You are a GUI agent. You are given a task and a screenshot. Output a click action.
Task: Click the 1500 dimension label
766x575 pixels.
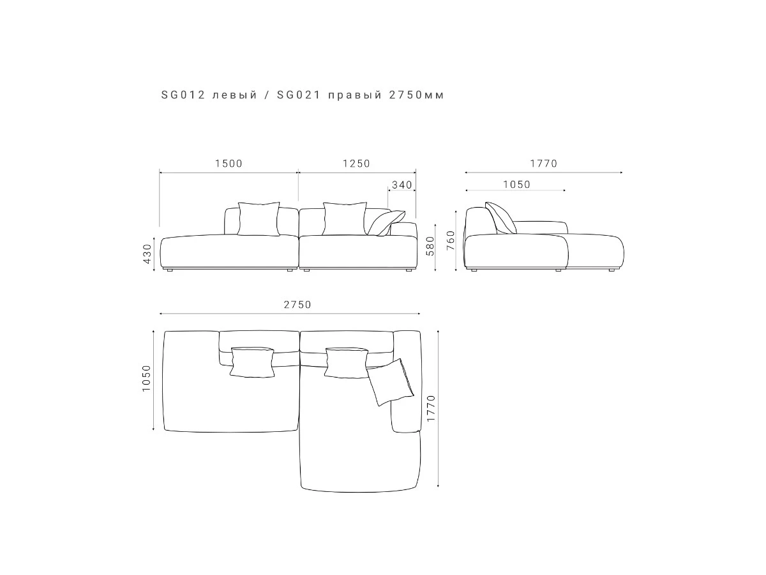(x=229, y=164)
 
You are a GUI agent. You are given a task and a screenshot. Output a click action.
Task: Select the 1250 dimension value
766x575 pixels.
(x=356, y=164)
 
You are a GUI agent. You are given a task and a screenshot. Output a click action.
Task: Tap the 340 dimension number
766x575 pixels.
(x=402, y=185)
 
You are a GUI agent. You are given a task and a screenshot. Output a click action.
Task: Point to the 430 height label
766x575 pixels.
(x=147, y=254)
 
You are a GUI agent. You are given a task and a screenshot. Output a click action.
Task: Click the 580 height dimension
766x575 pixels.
(x=430, y=246)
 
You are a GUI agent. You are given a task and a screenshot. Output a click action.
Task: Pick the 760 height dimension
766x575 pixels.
(x=451, y=240)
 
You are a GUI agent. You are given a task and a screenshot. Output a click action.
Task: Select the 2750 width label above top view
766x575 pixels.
(x=297, y=305)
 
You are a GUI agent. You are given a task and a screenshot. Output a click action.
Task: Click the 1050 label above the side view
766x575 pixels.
(x=516, y=185)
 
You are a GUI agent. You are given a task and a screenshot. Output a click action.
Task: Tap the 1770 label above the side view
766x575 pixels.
(x=544, y=164)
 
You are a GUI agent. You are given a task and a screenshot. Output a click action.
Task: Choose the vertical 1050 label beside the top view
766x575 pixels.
(x=146, y=378)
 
